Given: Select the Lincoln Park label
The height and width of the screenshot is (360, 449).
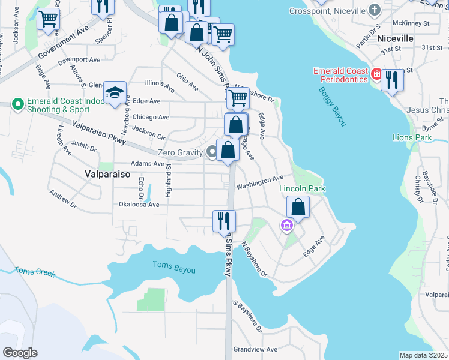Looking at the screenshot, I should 302,188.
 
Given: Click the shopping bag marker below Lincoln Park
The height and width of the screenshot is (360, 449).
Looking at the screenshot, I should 298,208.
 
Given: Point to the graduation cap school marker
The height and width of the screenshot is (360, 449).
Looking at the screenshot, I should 115,93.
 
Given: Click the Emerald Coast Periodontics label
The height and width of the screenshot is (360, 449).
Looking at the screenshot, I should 340,75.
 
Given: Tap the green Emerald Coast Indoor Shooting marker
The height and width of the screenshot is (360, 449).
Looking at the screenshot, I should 18,105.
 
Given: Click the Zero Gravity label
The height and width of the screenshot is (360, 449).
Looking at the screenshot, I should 181,152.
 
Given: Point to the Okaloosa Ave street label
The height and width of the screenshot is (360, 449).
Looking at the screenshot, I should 139,205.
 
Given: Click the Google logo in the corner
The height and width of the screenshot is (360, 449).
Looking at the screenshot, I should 19,353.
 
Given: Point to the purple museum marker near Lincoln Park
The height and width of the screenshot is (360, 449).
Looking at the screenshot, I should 286,226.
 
